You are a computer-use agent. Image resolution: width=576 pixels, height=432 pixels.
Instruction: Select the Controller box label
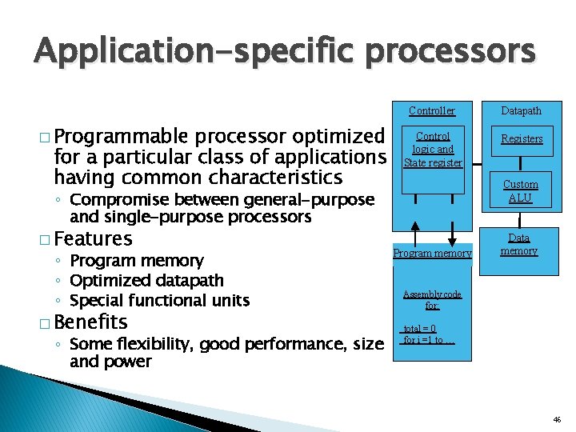(x=432, y=111)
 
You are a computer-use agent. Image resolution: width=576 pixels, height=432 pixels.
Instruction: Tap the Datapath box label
(x=521, y=111)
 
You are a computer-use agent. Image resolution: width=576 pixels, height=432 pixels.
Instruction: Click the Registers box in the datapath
(x=522, y=139)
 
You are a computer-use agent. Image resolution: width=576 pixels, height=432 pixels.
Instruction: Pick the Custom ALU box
(x=521, y=191)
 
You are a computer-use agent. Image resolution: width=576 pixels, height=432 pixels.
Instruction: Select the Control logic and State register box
(x=433, y=150)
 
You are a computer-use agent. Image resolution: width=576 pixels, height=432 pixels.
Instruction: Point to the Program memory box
(x=433, y=254)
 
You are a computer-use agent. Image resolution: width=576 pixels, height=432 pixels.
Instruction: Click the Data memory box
(x=519, y=245)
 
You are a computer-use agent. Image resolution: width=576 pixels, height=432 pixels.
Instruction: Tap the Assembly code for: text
(x=432, y=300)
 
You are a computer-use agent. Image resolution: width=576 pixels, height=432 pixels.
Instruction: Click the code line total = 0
(x=420, y=329)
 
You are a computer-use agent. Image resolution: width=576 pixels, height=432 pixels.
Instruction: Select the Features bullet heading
(x=94, y=238)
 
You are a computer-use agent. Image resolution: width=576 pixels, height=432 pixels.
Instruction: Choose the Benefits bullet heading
(x=92, y=322)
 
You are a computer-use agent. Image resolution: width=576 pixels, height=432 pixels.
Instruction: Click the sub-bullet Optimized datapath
(x=147, y=281)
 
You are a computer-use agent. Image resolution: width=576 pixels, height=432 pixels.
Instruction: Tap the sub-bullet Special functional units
(x=160, y=301)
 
